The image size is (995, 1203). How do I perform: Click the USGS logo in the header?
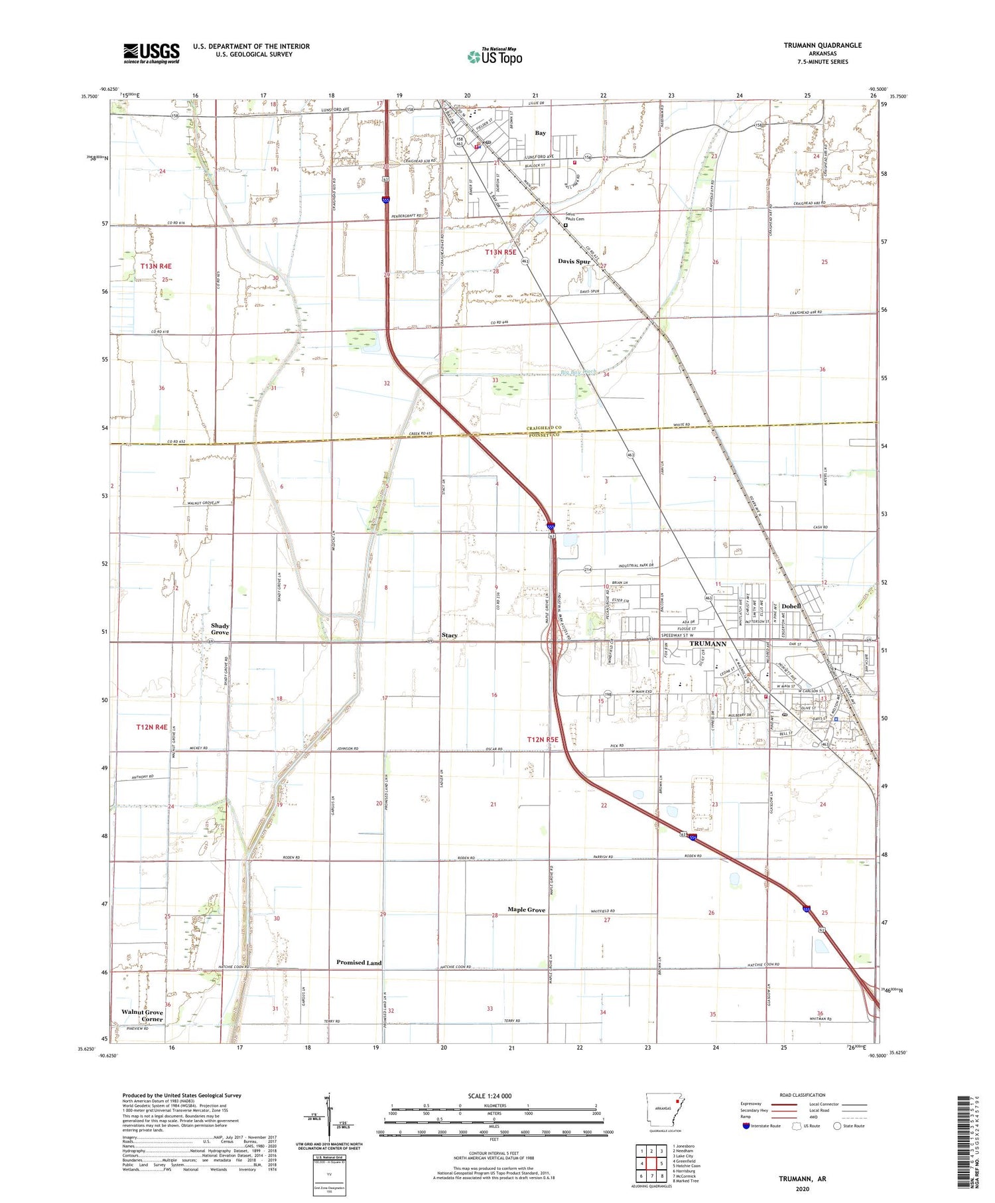(x=151, y=53)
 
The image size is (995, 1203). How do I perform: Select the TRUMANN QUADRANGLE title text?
(x=823, y=45)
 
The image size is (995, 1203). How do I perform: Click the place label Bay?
(x=541, y=133)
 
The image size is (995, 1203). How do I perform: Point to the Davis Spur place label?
(x=574, y=261)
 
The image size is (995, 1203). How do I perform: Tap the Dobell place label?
(x=791, y=606)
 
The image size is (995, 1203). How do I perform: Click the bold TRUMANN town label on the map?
(x=708, y=644)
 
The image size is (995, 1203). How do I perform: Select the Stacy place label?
(x=449, y=636)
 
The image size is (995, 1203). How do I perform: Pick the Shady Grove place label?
(x=220, y=629)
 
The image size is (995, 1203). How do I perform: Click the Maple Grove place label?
(x=527, y=910)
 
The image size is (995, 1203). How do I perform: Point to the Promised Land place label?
(x=359, y=963)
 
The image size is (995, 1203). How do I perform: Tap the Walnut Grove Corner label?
(x=142, y=1016)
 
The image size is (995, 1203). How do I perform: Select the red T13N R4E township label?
(x=156, y=266)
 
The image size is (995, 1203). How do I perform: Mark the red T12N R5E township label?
(x=543, y=739)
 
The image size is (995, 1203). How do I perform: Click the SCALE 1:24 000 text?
(x=490, y=1096)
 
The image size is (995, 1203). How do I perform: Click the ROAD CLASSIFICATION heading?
(x=803, y=1095)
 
